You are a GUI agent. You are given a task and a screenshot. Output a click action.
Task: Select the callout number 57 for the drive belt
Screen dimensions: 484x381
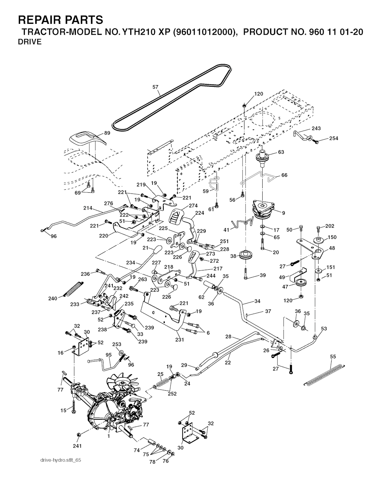pos(156,87)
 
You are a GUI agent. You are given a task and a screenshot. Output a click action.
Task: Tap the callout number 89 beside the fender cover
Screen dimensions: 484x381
pos(107,133)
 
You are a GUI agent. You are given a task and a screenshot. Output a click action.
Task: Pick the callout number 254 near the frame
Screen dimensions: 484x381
pos(334,138)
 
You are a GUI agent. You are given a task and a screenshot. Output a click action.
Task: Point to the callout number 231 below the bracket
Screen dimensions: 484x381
pos(179,339)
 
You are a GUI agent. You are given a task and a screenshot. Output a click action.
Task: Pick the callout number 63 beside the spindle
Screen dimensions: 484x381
pos(281,152)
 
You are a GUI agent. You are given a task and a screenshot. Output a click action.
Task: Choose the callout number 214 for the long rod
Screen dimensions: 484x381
pos(88,208)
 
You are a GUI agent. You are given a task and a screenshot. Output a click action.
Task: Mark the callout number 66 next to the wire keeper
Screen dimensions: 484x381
pos(284,175)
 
